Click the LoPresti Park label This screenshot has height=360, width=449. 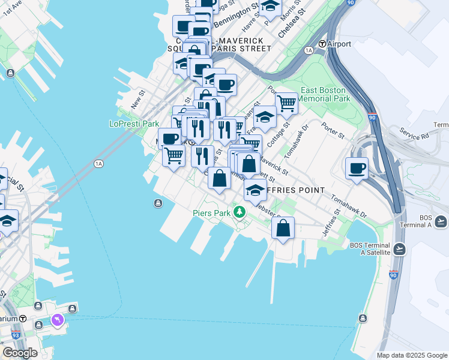click(x=133, y=124)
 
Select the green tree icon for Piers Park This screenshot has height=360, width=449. click(x=240, y=212)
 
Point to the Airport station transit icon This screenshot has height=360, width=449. click(x=322, y=44)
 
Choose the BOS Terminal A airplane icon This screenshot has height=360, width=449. click(x=442, y=222)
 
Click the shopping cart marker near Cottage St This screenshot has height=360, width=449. click(x=286, y=104)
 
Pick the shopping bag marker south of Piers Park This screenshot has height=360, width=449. click(x=283, y=228)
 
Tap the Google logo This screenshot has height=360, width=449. click(x=20, y=353)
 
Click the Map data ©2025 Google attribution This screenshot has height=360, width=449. click(x=412, y=355)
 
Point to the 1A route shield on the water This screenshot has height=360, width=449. click(x=98, y=163)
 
